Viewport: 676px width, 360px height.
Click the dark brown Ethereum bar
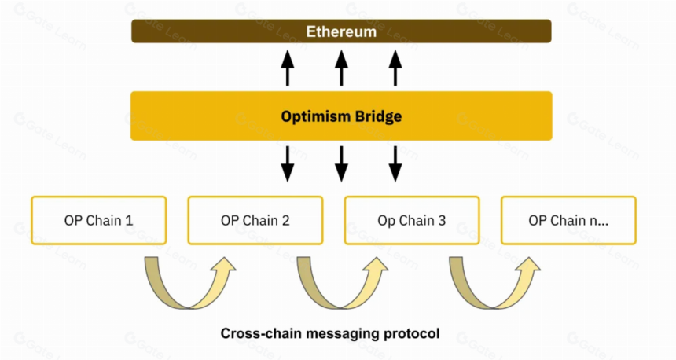coord(341,31)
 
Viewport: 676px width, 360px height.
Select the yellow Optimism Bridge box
coord(341,116)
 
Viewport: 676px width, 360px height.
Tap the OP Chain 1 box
coord(99,220)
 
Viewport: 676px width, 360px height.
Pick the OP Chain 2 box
coord(255,220)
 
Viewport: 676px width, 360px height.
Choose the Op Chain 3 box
coord(412,220)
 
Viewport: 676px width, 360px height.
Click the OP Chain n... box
coord(568,220)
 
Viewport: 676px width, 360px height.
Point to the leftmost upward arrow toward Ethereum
coord(288,68)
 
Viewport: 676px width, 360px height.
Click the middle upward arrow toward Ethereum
coord(341,68)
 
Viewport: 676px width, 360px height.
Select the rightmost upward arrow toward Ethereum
coord(395,68)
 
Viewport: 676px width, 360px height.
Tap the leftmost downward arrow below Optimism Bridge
coord(288,163)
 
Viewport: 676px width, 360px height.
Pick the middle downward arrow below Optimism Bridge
coord(341,163)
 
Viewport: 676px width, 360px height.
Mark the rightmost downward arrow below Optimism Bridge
coord(395,163)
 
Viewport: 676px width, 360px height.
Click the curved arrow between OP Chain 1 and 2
coord(189,305)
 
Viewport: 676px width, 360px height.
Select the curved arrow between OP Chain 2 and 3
coord(341,305)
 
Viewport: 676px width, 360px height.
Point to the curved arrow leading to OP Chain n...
coord(493,305)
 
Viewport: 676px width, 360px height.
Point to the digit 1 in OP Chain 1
coord(129,220)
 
